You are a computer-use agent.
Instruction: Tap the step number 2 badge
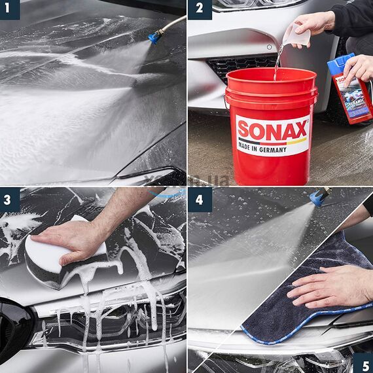point(200,9)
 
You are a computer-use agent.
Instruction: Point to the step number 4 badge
point(200,200)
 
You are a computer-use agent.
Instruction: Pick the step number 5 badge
point(363,363)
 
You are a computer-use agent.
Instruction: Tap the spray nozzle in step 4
point(319,196)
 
